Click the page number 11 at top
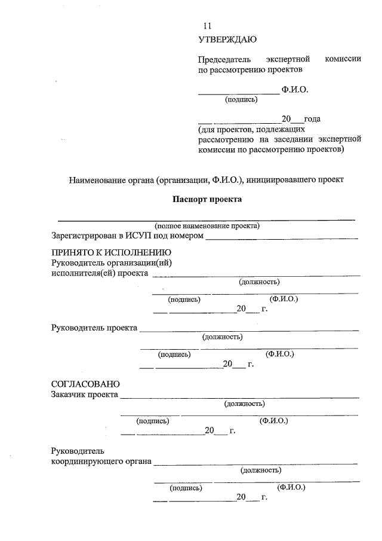[x=207, y=26]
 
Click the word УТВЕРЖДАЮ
[x=227, y=41]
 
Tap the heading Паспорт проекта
[x=207, y=199]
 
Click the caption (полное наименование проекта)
[x=207, y=226]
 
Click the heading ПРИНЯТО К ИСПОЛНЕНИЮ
[x=112, y=253]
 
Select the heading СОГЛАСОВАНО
[x=86, y=384]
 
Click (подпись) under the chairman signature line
[x=241, y=100]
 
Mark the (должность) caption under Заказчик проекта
[x=244, y=404]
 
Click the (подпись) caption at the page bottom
[x=186, y=488]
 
